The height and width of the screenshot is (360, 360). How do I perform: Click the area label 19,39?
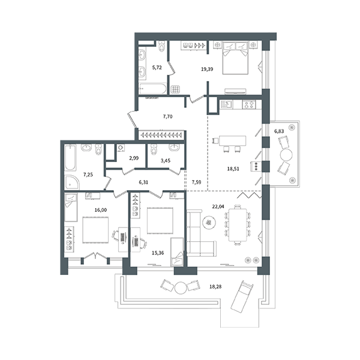pyautogui.click(x=207, y=69)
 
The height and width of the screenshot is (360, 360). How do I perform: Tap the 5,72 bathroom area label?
pyautogui.click(x=157, y=67)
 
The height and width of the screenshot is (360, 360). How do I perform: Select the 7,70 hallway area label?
pyautogui.click(x=167, y=116)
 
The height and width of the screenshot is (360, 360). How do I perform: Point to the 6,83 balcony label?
pyautogui.click(x=279, y=131)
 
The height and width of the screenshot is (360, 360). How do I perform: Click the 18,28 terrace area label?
pyautogui.click(x=215, y=287)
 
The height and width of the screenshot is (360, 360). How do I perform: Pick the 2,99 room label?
pyautogui.click(x=134, y=158)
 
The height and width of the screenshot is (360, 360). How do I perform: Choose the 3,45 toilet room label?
pyautogui.click(x=166, y=161)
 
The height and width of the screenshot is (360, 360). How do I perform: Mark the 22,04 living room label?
pyautogui.click(x=218, y=206)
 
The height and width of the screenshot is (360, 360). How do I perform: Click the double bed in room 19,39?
pyautogui.click(x=235, y=58)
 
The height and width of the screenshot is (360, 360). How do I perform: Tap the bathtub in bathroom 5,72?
pyautogui.click(x=152, y=89)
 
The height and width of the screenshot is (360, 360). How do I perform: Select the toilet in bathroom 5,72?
pyautogui.click(x=163, y=46)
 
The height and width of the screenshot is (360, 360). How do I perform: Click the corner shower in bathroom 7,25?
pyautogui.click(x=71, y=182)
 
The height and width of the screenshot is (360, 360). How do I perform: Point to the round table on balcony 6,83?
pyautogui.click(x=286, y=155)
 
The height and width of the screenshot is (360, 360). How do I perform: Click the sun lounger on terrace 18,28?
pyautogui.click(x=242, y=297)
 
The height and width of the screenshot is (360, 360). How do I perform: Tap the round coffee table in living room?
pyautogui.click(x=209, y=222)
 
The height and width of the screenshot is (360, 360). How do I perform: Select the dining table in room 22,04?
pyautogui.click(x=238, y=225)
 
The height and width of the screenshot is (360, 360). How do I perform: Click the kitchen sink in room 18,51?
pyautogui.click(x=226, y=104)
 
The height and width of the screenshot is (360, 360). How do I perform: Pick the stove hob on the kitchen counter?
pyautogui.click(x=250, y=104)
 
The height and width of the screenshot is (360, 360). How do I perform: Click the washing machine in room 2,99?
pyautogui.click(x=121, y=148)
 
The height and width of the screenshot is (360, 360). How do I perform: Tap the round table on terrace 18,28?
pyautogui.click(x=181, y=287)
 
